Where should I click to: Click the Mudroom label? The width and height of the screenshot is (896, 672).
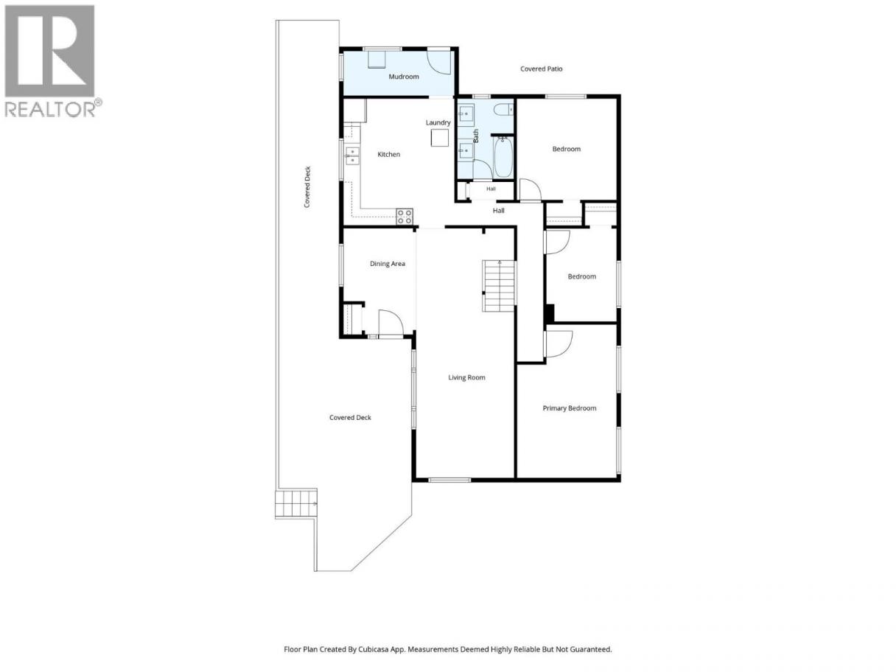tap(403, 77)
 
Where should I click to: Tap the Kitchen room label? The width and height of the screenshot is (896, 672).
tap(388, 154)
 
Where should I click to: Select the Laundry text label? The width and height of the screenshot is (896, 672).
tap(438, 122)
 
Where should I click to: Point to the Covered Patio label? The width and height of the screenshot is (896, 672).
tap(542, 69)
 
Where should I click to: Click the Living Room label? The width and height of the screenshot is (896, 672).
tap(466, 377)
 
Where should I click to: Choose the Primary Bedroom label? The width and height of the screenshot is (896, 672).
tap(570, 408)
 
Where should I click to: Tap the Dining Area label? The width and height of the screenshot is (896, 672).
tap(388, 264)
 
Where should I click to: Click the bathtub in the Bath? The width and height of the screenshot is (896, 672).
tap(502, 158)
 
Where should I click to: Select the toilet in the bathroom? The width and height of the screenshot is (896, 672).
tap(503, 110)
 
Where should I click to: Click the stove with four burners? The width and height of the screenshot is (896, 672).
tap(405, 216)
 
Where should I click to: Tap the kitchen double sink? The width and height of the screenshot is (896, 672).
tap(352, 156)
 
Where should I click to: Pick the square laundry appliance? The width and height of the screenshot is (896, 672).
tap(440, 138)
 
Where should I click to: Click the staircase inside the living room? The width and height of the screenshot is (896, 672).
tap(499, 286)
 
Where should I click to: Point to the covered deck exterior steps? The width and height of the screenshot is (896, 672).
tap(296, 503)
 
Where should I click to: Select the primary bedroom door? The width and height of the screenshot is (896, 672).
tap(559, 343)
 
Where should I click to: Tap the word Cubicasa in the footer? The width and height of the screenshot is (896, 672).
tap(374, 649)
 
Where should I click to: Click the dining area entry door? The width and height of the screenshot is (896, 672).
tap(391, 323)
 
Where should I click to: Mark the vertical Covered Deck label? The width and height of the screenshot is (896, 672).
tap(307, 187)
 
